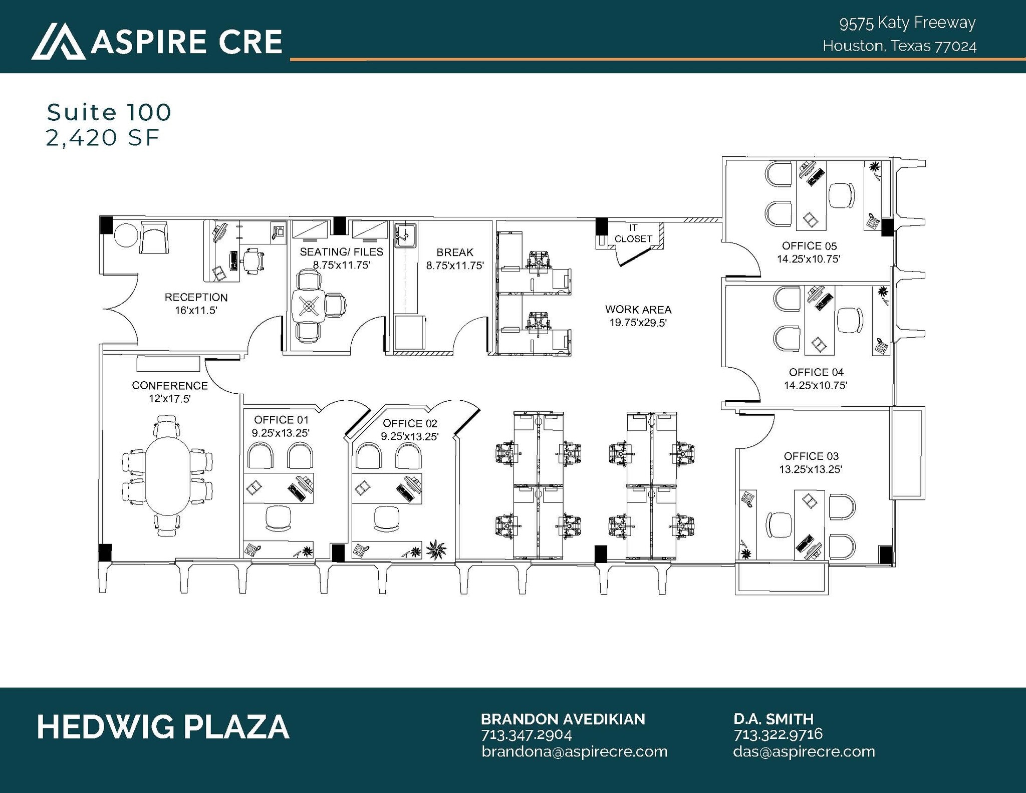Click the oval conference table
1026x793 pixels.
click(167, 475)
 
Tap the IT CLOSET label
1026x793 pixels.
click(633, 233)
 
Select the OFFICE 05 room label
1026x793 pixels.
click(809, 246)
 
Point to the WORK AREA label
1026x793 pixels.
click(638, 310)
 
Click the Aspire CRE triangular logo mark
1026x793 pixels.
click(58, 42)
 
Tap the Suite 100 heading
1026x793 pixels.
click(109, 112)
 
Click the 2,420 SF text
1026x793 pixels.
click(103, 138)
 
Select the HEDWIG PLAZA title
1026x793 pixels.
click(163, 727)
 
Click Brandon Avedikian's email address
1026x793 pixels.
click(575, 751)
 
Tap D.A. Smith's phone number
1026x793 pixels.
click(778, 734)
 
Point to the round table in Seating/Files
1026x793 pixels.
click(308, 306)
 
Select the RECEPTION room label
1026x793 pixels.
click(196, 297)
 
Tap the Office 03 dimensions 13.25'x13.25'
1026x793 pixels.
click(811, 469)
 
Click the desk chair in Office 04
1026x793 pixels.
click(850, 320)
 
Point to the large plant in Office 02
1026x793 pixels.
click(436, 549)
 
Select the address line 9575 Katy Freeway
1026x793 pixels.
click(907, 23)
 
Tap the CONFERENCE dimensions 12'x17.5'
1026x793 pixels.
click(170, 399)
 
